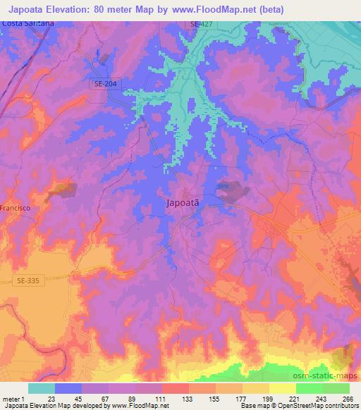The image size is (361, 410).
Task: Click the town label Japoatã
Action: (x=187, y=201)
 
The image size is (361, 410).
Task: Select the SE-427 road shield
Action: (x=200, y=24)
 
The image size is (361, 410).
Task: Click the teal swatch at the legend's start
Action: (x=42, y=388)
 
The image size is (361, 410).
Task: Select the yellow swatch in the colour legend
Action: (x=283, y=388)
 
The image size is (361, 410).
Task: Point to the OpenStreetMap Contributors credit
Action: (x=308, y=406)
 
